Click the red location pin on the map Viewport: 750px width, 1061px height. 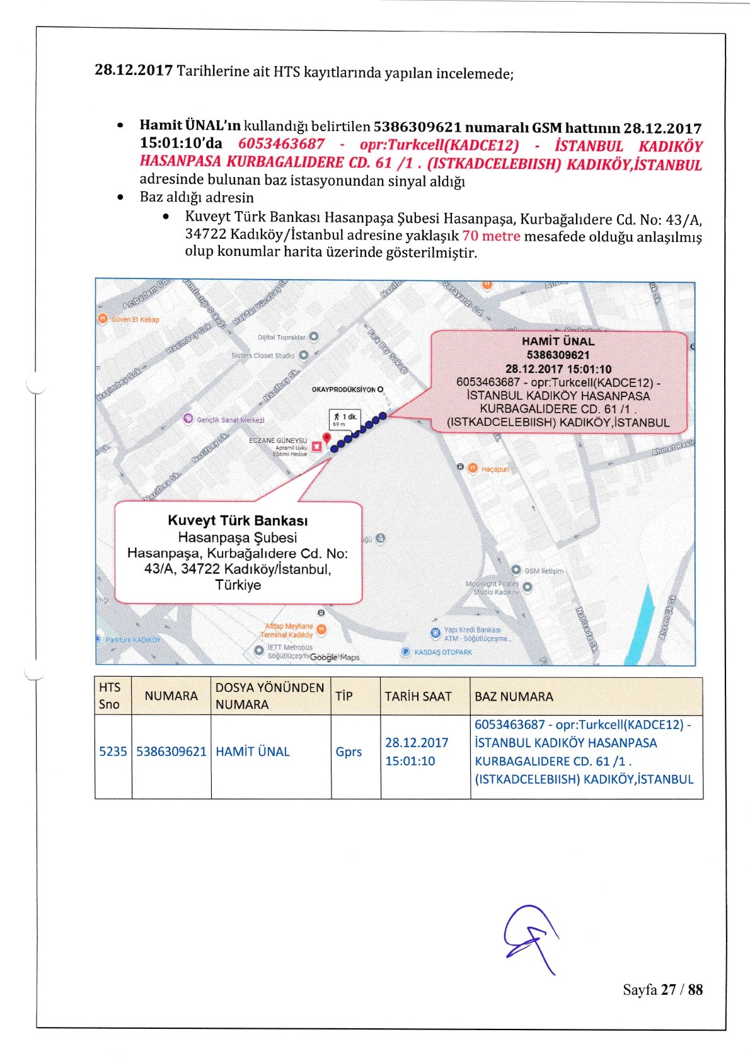[x=326, y=438]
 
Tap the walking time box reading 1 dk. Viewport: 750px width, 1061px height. [x=345, y=419]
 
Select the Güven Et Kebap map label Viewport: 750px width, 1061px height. [x=134, y=319]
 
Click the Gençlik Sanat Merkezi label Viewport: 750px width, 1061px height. [x=230, y=420]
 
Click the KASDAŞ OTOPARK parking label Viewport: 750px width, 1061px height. [x=442, y=652]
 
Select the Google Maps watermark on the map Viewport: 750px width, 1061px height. [x=335, y=657]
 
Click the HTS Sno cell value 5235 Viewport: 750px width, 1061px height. [x=113, y=752]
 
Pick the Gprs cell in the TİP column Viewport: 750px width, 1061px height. [x=349, y=752]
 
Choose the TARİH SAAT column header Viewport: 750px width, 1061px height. [x=418, y=696]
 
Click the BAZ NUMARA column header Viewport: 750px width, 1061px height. [x=514, y=696]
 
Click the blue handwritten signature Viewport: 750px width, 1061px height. [x=530, y=937]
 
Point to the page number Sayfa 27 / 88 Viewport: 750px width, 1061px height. [x=662, y=989]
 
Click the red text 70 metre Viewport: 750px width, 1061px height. [x=491, y=236]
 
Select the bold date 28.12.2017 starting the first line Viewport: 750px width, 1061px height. [x=134, y=70]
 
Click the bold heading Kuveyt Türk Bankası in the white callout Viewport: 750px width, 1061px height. [x=238, y=520]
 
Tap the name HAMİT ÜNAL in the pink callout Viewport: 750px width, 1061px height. [x=558, y=341]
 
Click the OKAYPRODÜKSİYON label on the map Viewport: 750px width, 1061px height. [x=344, y=389]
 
